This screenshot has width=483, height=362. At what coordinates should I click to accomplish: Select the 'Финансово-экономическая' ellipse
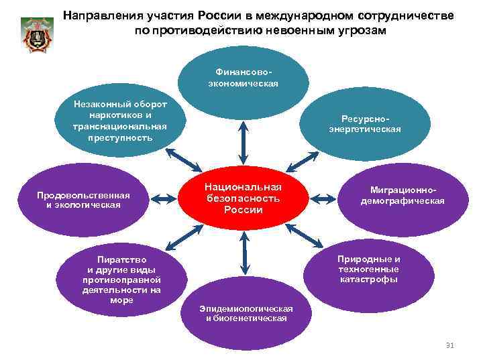pyautogui.click(x=243, y=78)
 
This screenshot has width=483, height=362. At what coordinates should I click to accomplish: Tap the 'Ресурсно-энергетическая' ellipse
pyautogui.click(x=365, y=124)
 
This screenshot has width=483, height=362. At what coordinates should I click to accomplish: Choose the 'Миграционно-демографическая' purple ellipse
pyautogui.click(x=402, y=196)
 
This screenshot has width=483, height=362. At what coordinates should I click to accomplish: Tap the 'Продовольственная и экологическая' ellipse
pyautogui.click(x=83, y=199)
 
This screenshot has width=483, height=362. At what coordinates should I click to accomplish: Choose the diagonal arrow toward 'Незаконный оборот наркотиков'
pyautogui.click(x=182, y=159)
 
